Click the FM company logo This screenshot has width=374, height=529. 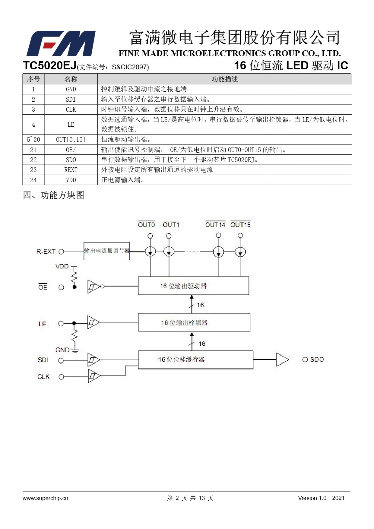tap(61, 43)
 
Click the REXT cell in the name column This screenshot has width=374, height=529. tap(71, 170)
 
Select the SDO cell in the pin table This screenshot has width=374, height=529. tap(71, 160)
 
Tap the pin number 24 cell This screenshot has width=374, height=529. tap(33, 180)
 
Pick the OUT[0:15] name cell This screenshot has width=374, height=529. tap(71, 139)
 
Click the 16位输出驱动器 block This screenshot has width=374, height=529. tap(193, 286)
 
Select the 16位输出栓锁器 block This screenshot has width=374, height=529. tap(194, 323)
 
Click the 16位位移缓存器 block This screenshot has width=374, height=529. tap(195, 360)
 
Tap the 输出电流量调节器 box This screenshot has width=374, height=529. tap(107, 251)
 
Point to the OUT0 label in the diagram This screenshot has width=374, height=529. tap(146, 225)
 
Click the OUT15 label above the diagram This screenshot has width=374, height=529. tap(240, 225)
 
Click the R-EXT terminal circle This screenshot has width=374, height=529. tap(61, 252)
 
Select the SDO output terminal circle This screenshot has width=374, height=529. tap(305, 360)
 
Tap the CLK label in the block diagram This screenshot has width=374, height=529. tap(43, 377)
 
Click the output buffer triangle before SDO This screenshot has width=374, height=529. tap(282, 360)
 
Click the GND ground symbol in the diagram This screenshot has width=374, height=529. tap(75, 351)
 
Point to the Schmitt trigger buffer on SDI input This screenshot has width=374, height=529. tap(93, 360)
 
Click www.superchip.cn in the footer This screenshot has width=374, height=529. tap(45, 498)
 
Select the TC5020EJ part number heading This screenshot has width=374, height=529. tap(49, 66)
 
